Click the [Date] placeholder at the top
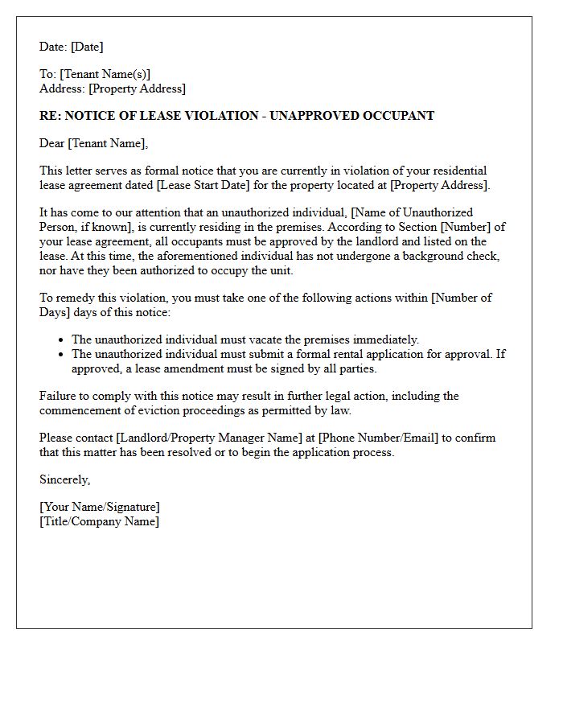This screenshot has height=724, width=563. coord(86,47)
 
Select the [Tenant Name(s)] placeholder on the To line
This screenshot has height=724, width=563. coord(105,75)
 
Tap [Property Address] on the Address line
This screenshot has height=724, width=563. coord(137,89)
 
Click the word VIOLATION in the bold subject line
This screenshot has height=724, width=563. coord(222,116)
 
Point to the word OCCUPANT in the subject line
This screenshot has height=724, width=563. coord(394,116)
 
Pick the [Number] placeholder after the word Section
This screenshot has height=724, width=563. coord(466,228)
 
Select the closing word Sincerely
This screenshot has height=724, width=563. coord(64,480)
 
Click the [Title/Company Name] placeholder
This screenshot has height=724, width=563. coord(99,522)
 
